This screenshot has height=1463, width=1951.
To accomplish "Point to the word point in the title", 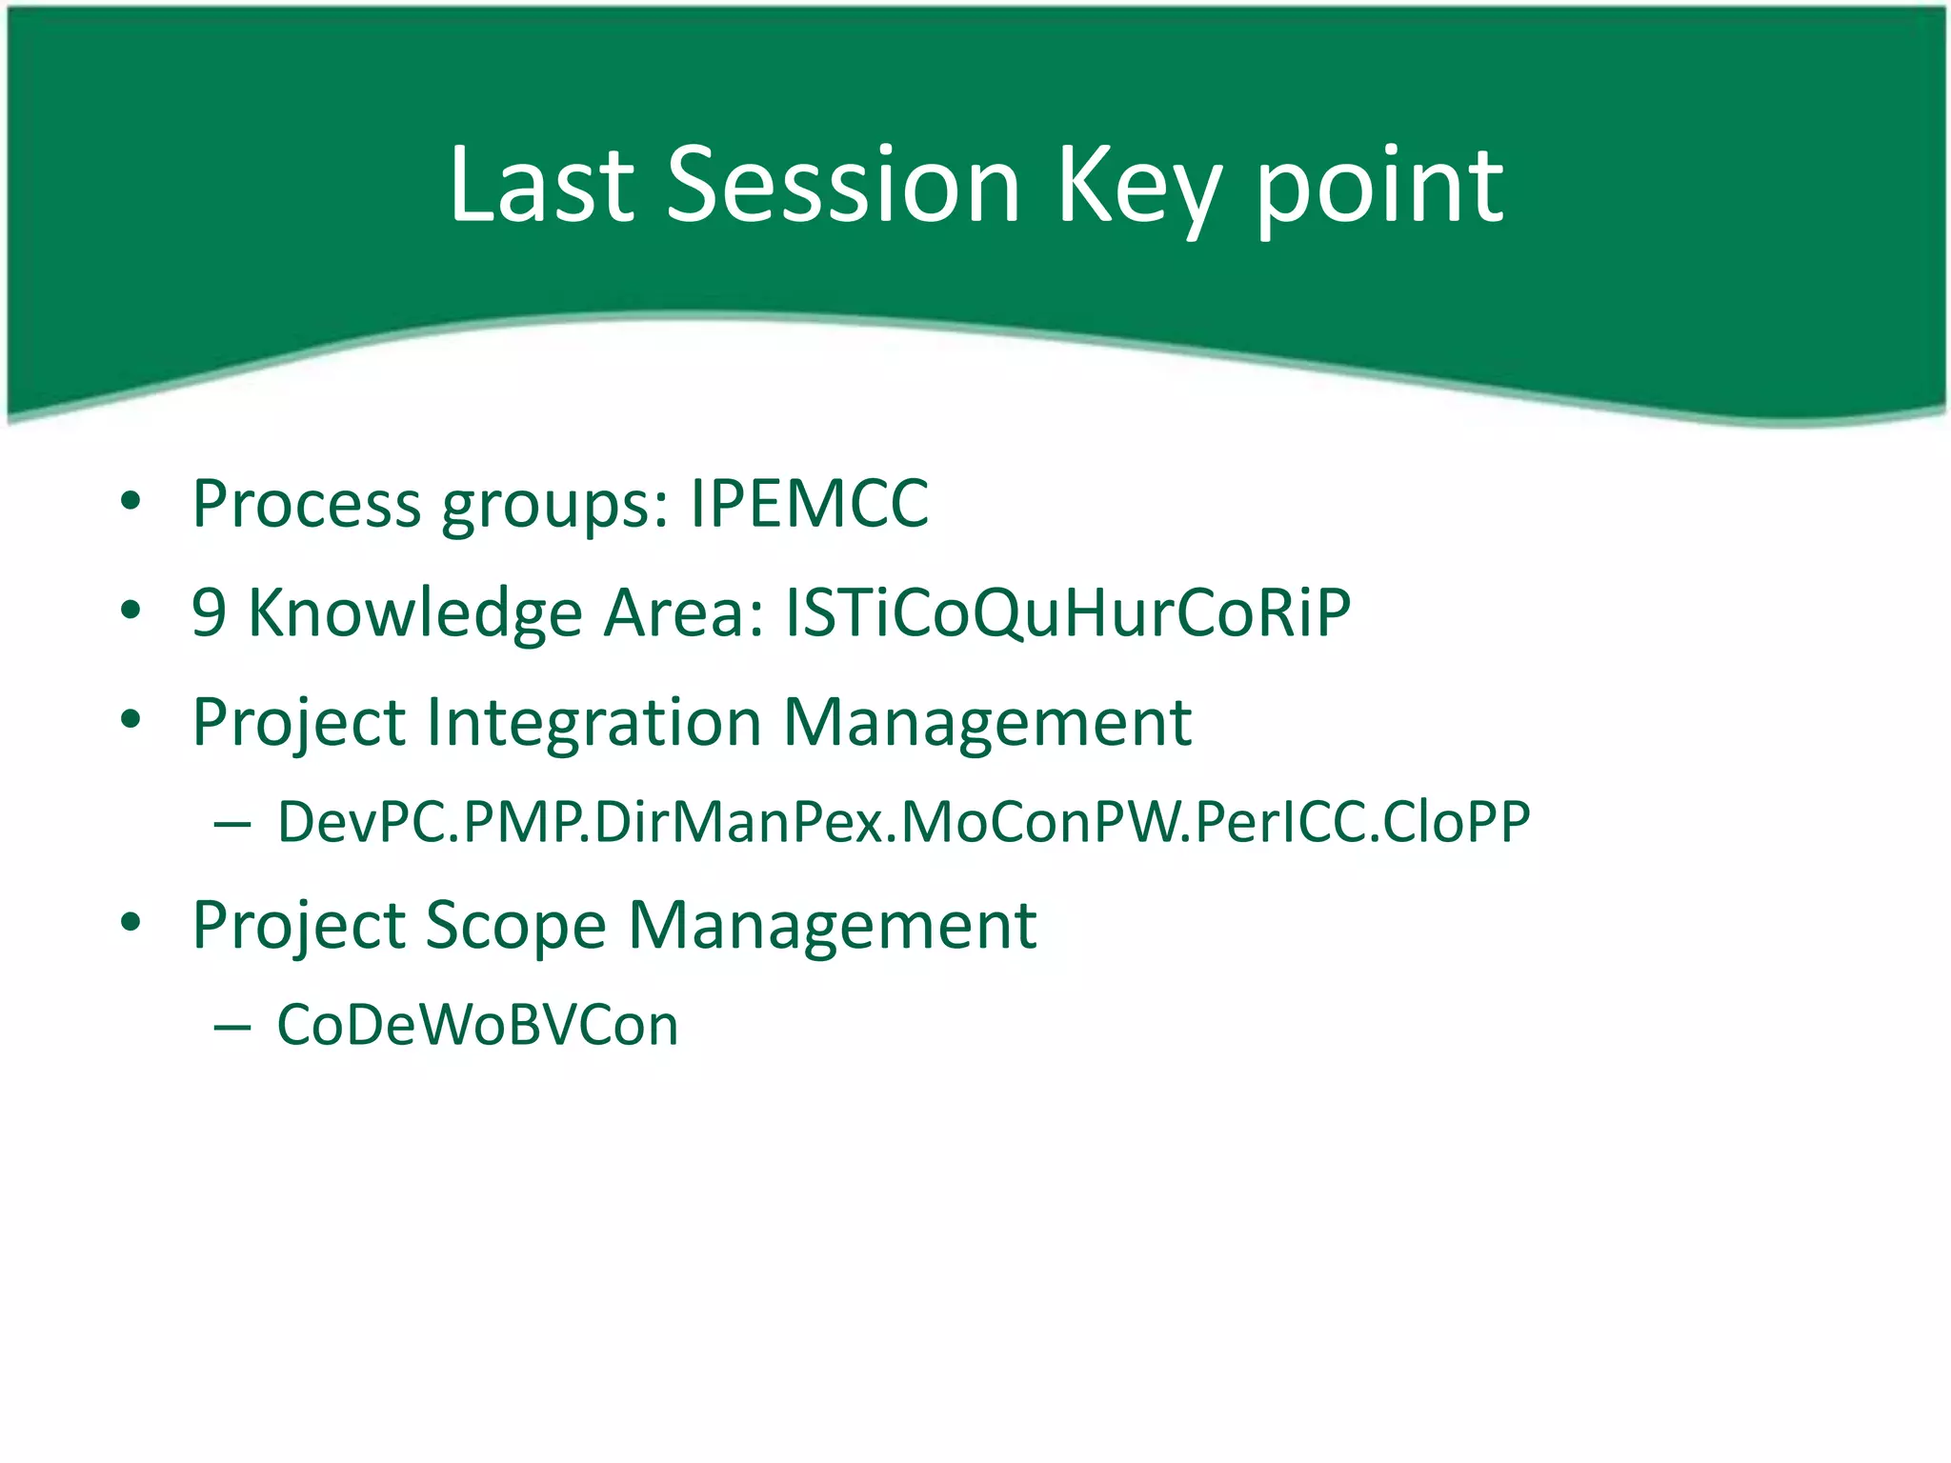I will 1378,189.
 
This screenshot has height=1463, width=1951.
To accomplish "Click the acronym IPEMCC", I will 809,504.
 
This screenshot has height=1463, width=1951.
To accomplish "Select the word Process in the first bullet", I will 306,504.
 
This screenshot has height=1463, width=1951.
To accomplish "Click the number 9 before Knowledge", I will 209,612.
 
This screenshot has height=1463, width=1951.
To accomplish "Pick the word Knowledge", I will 414,612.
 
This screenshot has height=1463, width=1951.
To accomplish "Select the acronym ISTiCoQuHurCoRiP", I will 1067,612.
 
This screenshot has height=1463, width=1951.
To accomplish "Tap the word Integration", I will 593,722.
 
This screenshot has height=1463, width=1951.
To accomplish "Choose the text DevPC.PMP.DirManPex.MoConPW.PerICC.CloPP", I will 903,822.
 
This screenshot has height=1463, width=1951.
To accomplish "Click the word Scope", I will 514,927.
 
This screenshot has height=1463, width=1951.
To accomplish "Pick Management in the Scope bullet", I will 832,927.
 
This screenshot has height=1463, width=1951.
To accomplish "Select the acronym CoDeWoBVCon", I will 477,1026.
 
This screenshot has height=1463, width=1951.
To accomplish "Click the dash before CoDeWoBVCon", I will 232,1027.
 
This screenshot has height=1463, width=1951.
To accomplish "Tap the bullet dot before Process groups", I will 131,500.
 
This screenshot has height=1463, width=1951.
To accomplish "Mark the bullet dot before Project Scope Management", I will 131,922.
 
